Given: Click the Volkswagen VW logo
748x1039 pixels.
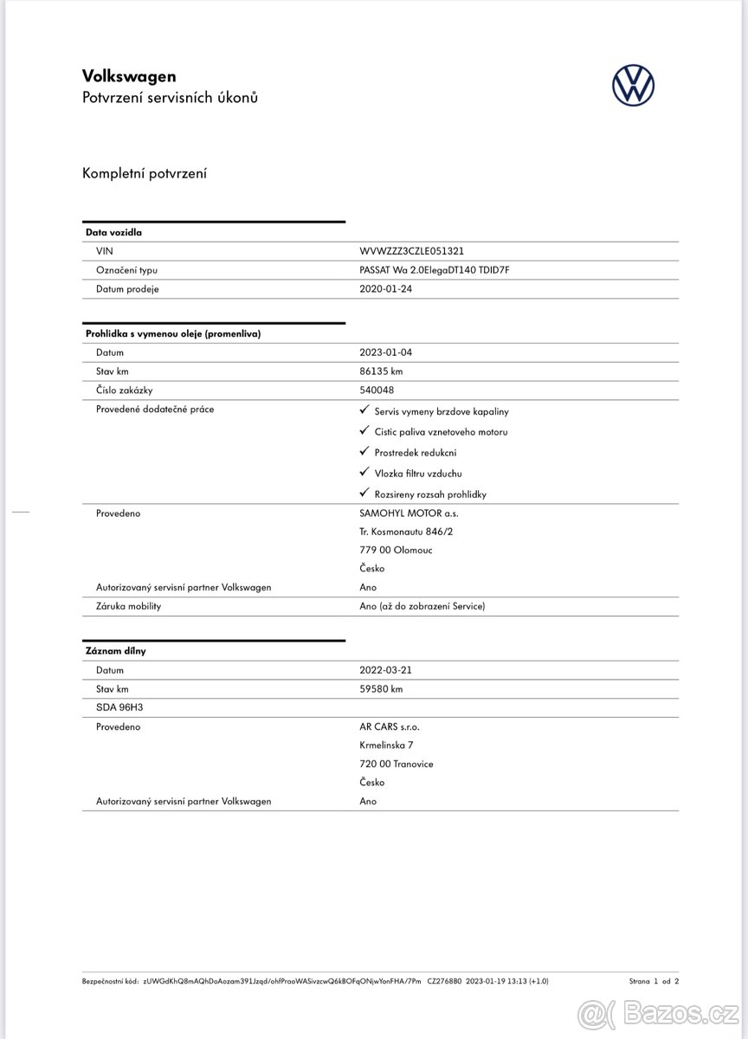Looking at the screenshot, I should point(633,86).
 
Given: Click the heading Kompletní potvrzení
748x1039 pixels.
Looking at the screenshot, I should point(145,174).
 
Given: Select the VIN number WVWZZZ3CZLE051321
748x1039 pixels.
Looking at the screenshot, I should point(411,251).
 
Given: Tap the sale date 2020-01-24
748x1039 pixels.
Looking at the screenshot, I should point(386,289).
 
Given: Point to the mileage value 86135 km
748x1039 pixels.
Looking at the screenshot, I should point(381,371).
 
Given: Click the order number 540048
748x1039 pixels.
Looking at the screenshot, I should point(377,390).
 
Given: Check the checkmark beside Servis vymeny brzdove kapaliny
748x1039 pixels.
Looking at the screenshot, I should point(364,410).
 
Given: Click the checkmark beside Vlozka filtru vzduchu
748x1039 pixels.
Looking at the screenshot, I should point(364,473).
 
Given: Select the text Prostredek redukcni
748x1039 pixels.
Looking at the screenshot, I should point(415,453).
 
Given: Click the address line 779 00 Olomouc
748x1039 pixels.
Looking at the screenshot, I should point(396,551).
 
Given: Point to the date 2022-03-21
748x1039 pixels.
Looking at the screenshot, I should point(386,670).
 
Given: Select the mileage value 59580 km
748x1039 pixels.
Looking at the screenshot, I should point(381,689).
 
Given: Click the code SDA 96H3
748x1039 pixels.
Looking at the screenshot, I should point(119,707).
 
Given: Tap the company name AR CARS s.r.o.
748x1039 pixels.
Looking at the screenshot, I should point(389,727).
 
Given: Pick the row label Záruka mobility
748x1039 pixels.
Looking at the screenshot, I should point(128,606).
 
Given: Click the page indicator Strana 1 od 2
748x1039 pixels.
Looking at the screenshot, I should point(654,981).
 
